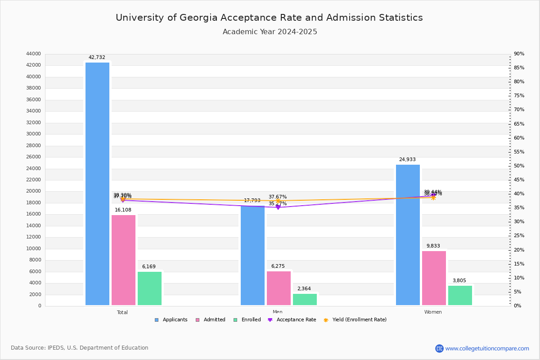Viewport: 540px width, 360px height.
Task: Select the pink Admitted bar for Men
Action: pos(279,288)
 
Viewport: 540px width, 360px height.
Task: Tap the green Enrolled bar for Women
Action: pos(460,295)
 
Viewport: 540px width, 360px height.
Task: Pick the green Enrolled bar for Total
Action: pos(149,288)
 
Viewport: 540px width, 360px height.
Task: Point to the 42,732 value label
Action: pos(97,58)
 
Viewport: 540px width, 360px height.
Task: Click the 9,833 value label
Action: pos(433,246)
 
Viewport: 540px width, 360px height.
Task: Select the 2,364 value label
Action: pos(304,289)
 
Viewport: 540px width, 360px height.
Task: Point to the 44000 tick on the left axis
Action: pos(33,54)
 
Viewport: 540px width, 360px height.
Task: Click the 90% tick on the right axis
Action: pos(519,54)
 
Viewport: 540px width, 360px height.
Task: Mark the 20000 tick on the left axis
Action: pos(33,191)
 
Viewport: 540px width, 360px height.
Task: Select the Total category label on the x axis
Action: pos(122,312)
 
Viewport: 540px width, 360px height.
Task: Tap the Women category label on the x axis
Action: pos(433,312)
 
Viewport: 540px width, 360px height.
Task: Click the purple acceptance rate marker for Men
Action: pos(278,207)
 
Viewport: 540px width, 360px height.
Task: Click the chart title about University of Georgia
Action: pos(269,18)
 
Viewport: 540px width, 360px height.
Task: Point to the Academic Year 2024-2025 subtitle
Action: pos(270,32)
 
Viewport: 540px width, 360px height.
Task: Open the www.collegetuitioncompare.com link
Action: pos(487,348)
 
